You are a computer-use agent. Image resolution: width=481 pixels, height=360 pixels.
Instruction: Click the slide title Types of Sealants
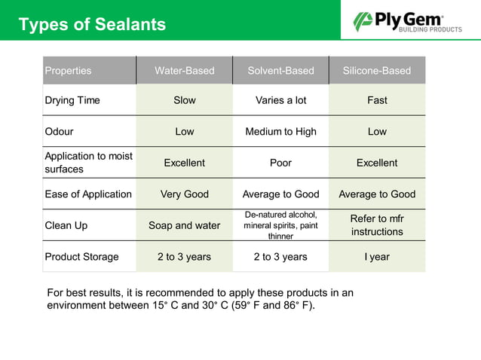[x=92, y=24]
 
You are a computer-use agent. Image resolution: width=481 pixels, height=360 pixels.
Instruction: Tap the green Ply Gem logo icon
[x=363, y=21]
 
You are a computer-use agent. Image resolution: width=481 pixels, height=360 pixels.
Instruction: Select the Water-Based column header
[x=185, y=71]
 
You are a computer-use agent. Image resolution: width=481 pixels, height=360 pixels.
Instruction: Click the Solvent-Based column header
[x=280, y=71]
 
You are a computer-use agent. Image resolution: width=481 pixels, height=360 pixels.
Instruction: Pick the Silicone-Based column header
[x=377, y=71]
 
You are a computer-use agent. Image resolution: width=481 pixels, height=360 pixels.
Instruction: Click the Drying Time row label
[x=72, y=100]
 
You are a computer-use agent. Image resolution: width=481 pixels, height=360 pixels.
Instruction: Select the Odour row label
[x=60, y=132]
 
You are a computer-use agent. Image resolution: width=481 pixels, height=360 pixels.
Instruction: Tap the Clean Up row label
[x=66, y=225]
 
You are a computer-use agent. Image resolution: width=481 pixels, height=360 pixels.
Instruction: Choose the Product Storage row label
[x=81, y=257]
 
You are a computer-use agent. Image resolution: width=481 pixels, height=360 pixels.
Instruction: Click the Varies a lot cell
[x=280, y=100]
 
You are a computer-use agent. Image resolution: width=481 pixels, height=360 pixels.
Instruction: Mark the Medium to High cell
[x=280, y=132]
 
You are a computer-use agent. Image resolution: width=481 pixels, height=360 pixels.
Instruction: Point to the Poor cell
[x=280, y=163]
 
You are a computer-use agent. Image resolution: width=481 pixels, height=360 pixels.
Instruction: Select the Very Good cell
[x=185, y=194]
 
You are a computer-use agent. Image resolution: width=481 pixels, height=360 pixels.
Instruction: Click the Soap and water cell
[x=185, y=225]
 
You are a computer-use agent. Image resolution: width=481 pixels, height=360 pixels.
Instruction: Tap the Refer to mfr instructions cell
[x=377, y=225]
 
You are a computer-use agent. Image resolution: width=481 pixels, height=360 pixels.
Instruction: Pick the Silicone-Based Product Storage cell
[x=377, y=257]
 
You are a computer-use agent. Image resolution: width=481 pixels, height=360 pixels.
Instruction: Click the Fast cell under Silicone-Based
[x=377, y=100]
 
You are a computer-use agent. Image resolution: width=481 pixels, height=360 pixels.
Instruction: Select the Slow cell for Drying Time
[x=185, y=100]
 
